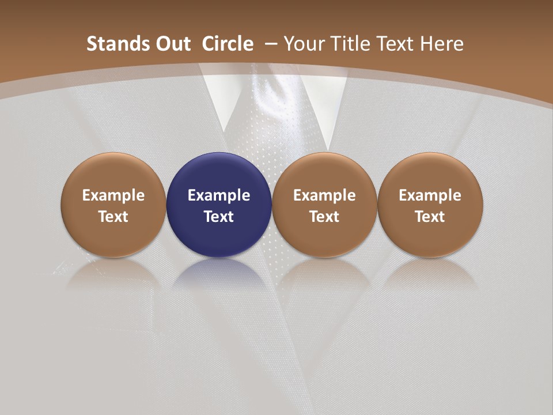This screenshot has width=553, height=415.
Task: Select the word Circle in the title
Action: pyautogui.click(x=228, y=44)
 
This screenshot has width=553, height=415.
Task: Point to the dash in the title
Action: pyautogui.click(x=271, y=44)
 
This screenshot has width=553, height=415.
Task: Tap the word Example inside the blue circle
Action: pyautogui.click(x=219, y=195)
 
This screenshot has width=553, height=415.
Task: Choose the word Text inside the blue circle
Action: pyautogui.click(x=219, y=217)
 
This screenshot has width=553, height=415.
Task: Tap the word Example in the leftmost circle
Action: pyautogui.click(x=113, y=195)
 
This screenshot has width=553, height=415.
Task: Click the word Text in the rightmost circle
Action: pyautogui.click(x=430, y=217)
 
